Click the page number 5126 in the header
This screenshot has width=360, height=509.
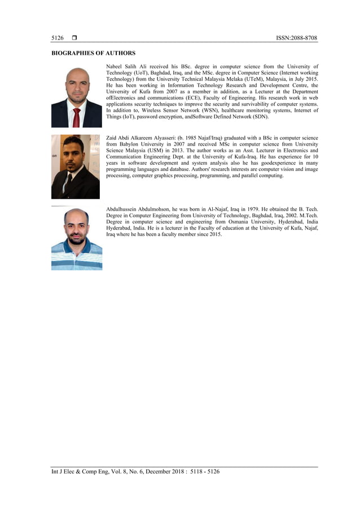tap(57, 38)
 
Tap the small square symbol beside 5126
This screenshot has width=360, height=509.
tap(74, 38)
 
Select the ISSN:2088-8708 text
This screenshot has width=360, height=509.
tap(296, 38)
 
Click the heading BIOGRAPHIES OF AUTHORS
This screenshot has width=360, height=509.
tap(93, 53)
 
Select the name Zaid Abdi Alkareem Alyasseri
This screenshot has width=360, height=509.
tap(142, 138)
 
